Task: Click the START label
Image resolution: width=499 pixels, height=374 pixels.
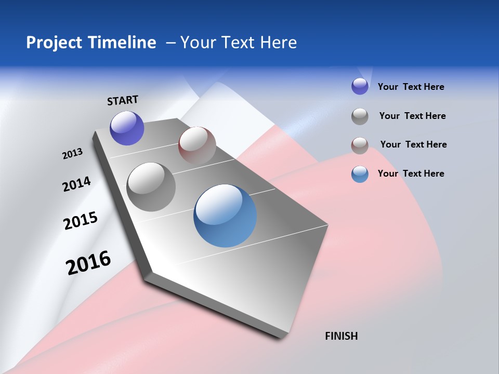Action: pyautogui.click(x=123, y=100)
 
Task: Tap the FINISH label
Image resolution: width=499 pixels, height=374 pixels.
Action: pyautogui.click(x=341, y=336)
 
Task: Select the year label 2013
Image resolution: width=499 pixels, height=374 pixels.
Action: pyautogui.click(x=72, y=154)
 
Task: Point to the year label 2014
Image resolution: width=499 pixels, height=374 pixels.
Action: pyautogui.click(x=76, y=184)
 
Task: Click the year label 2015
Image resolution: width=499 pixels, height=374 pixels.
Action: pyautogui.click(x=81, y=221)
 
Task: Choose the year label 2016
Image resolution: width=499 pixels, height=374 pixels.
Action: pyautogui.click(x=88, y=263)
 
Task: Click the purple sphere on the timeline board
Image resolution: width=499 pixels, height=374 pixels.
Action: pyautogui.click(x=127, y=128)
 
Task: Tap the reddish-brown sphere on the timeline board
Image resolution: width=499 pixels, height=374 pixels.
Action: pyautogui.click(x=197, y=145)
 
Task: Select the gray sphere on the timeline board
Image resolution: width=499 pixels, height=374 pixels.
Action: pyautogui.click(x=151, y=187)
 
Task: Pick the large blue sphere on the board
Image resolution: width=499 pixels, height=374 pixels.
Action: pyautogui.click(x=225, y=216)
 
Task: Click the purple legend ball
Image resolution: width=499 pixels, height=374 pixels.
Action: pyautogui.click(x=360, y=86)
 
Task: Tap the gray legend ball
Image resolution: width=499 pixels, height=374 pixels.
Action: pyautogui.click(x=360, y=116)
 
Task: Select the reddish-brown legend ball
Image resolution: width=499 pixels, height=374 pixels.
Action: pyautogui.click(x=360, y=145)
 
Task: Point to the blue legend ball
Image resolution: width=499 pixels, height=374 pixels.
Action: pyautogui.click(x=360, y=174)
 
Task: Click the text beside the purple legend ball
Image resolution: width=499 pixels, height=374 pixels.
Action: pyautogui.click(x=411, y=87)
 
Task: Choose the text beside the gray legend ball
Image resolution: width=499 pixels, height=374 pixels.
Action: pyautogui.click(x=412, y=116)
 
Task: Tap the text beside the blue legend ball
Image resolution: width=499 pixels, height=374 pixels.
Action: pyautogui.click(x=411, y=173)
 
